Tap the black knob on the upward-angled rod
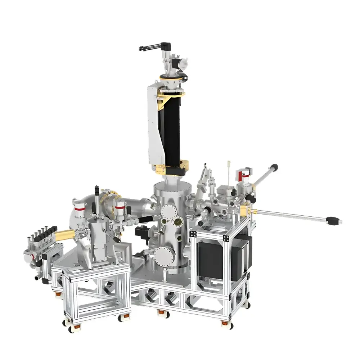(x=274, y=167)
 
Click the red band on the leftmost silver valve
(x=80, y=208)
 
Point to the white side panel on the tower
(x=153, y=126)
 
